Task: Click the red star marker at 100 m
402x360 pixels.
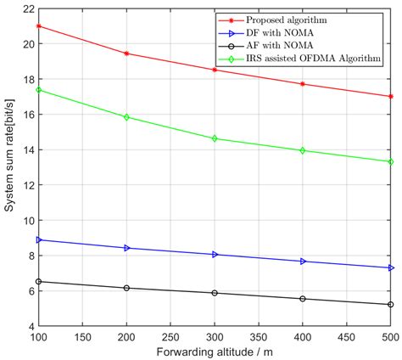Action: coord(38,25)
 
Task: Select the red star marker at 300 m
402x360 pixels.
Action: coord(215,70)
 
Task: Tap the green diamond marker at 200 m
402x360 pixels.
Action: coord(126,117)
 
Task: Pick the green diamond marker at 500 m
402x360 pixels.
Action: coord(390,161)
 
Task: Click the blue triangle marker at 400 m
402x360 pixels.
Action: coord(303,262)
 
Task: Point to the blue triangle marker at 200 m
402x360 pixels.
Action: coord(126,248)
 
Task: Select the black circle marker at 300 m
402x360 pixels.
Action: coord(215,293)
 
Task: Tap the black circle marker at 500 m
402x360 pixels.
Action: coord(390,304)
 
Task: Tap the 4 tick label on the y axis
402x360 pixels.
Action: coord(29,326)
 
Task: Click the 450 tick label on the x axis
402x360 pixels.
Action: coord(346,337)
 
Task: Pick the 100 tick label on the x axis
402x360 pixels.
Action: coord(38,337)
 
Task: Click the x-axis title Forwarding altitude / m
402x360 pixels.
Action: coord(214,352)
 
